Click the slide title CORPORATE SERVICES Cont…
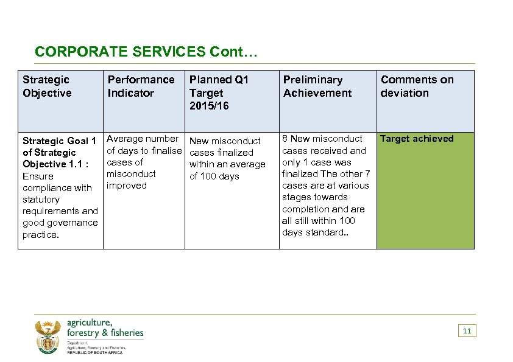coord(147,52)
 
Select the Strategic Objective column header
coord(47,86)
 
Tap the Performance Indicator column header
coord(141,86)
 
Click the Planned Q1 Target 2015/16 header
coord(219,92)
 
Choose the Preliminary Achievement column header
coord(317,86)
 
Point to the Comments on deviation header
coord(417,86)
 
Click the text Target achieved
coord(417,139)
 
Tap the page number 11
coord(467,331)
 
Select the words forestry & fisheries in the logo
coord(105,333)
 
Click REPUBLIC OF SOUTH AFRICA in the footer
coord(94,353)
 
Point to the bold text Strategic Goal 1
coord(59,141)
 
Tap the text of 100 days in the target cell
coord(214,176)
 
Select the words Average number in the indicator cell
coord(143,139)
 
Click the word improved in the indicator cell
coord(127,186)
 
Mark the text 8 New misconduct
coord(322,139)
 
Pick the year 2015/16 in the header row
coord(210,106)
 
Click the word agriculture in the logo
coord(89,322)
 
